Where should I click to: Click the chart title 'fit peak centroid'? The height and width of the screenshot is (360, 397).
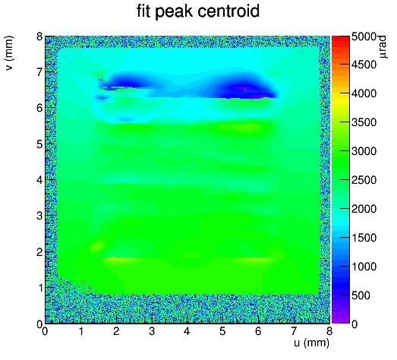coord(198,11)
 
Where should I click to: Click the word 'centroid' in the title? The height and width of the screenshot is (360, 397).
coord(228,11)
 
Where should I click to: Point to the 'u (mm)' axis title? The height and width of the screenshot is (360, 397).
coord(311,343)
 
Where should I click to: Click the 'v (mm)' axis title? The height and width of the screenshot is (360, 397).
coord(9,53)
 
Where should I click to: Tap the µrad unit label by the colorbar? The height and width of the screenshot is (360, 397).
coord(383,47)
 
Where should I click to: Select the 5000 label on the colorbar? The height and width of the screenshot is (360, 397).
coord(364,36)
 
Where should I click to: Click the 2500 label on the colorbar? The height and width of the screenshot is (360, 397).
coord(364,180)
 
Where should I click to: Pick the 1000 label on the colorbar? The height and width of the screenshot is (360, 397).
coord(364,267)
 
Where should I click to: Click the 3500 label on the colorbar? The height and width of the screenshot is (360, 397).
coord(364,122)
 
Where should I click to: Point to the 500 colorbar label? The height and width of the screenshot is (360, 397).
coord(361,295)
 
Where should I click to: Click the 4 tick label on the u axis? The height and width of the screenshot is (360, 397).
coord(187,331)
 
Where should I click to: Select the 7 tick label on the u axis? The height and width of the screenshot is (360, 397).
coord(294,331)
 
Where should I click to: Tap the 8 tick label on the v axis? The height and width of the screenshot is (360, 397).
coord(39,36)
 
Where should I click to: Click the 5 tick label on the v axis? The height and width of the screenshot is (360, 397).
coord(39,144)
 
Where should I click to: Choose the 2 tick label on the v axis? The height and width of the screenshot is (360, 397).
coord(39,252)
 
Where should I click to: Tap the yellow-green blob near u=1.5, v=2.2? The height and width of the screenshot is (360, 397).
coord(98,245)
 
